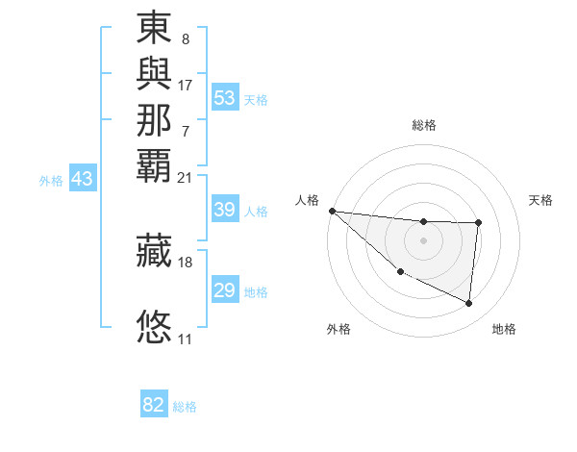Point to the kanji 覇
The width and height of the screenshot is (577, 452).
pyautogui.click(x=155, y=163)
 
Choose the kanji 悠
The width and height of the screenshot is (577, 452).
pyautogui.click(x=155, y=326)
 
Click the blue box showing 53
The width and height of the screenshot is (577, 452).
pyautogui.click(x=224, y=98)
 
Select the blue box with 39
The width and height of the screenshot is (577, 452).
pyautogui.click(x=224, y=211)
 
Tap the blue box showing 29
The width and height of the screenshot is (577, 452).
pyautogui.click(x=224, y=291)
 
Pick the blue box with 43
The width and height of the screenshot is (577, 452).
pyautogui.click(x=83, y=179)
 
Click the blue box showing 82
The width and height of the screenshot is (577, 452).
pyautogui.click(x=154, y=405)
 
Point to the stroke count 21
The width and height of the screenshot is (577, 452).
pyautogui.click(x=185, y=178)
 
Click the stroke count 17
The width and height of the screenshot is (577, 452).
pyautogui.click(x=185, y=85)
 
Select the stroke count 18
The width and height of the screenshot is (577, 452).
pyautogui.click(x=185, y=263)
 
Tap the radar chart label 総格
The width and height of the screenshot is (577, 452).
pyautogui.click(x=424, y=125)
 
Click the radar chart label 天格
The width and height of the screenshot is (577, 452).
pyautogui.click(x=540, y=200)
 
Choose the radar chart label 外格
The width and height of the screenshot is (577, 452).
pyautogui.click(x=339, y=329)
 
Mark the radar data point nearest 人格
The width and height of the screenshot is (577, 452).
pyautogui.click(x=332, y=211)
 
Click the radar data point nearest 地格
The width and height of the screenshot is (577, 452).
pyautogui.click(x=469, y=304)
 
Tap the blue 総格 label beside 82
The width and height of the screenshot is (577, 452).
pyautogui.click(x=185, y=407)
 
